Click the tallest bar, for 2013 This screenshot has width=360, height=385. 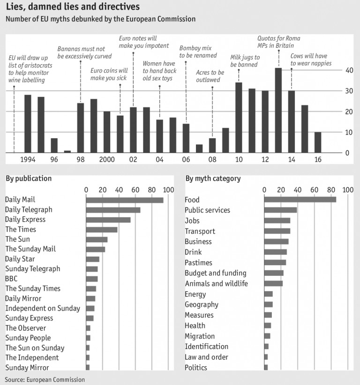[x=278, y=110]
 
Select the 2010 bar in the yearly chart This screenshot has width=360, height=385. [x=239, y=118]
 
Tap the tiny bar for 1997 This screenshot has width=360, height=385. [x=67, y=151]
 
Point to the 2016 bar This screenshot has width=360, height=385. [x=318, y=142]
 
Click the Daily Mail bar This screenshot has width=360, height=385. [x=125, y=200]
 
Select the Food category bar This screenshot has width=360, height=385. [x=300, y=200]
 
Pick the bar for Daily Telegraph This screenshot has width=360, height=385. [x=113, y=210]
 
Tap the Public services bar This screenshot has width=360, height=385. [x=280, y=210]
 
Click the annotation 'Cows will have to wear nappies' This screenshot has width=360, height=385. [x=311, y=59]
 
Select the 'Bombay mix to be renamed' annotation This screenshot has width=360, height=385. [x=198, y=52]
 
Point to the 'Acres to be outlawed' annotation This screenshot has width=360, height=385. [x=210, y=76]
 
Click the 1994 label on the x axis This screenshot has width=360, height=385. [x=28, y=160]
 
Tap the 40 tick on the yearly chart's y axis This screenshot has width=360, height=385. [x=349, y=70]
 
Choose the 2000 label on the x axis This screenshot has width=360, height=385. [x=107, y=160]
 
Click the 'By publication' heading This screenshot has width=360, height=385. [x=29, y=178]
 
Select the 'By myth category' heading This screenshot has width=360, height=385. [x=213, y=178]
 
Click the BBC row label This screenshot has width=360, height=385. [x=11, y=279]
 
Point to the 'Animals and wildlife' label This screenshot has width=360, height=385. [x=216, y=283]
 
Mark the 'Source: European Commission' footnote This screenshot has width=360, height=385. [x=45, y=379]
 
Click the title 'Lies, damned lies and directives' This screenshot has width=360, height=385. [x=73, y=7]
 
